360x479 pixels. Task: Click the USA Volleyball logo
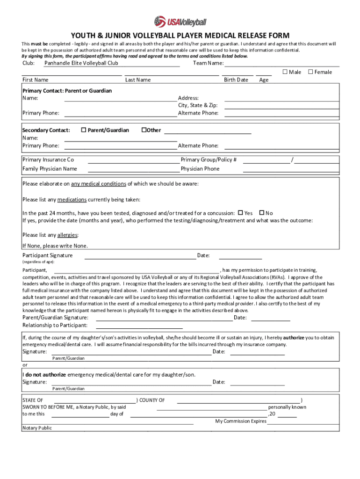coord(180,21)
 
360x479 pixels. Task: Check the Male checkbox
coord(284,72)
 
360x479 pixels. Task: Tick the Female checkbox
coord(310,72)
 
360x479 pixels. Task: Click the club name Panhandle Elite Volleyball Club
coord(81,63)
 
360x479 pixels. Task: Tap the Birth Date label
coord(236,80)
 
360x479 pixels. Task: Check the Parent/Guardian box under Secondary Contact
coord(84,130)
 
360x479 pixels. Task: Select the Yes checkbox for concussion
coord(241,213)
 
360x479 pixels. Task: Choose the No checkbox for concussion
coord(261,213)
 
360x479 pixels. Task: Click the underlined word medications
coord(72,200)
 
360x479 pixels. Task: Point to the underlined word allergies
coord(67,235)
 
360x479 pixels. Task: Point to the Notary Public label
coord(37,428)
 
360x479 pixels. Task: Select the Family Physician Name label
coord(50,169)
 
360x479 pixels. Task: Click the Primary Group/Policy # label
coord(209,160)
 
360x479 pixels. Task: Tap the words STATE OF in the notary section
coord(33,400)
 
